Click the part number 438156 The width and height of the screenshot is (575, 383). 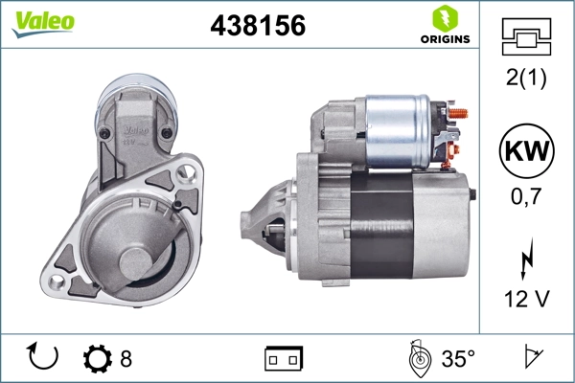tap(257, 27)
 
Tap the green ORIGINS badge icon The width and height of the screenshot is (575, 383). tap(443, 19)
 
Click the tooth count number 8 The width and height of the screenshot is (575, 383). tap(126, 359)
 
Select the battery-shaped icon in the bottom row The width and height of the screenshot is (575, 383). tap(283, 359)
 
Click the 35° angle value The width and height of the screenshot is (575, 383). tap(458, 359)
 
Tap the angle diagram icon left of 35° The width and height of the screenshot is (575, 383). tap(419, 358)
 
